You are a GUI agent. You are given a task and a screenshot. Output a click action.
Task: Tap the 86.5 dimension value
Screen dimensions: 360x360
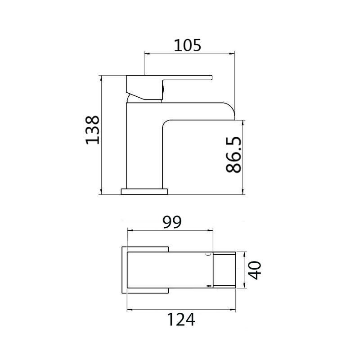click(x=233, y=155)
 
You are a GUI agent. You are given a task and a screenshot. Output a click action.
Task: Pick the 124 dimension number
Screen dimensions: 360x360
click(x=182, y=319)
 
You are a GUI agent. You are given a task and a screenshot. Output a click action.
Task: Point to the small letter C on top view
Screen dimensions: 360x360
click(x=208, y=255)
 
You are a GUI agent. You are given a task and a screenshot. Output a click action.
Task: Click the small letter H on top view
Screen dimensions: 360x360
click(x=208, y=285)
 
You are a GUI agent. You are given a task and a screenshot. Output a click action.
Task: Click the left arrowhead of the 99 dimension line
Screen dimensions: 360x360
click(x=130, y=230)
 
